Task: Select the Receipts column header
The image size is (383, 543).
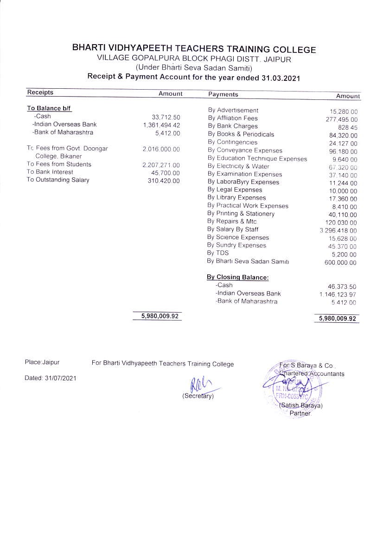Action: pos(40,92)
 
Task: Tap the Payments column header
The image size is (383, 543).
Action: pos(223,94)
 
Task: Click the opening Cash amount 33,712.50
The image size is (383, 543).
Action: pos(166,117)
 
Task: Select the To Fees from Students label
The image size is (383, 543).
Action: pos(59,164)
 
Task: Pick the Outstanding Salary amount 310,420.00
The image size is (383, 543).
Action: pos(163,180)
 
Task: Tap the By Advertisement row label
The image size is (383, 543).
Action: pos(233,111)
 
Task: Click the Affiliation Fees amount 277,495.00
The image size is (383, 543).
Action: pos(341,120)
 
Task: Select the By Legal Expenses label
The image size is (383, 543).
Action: pos(235,190)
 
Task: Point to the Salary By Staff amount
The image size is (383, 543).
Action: pos(338,231)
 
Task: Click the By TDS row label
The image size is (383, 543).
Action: pos(218,253)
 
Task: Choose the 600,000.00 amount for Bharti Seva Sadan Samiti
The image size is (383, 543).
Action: pos(340,263)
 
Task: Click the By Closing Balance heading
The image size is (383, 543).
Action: pos(238,277)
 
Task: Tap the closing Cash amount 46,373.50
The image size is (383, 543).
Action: pos(342,287)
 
